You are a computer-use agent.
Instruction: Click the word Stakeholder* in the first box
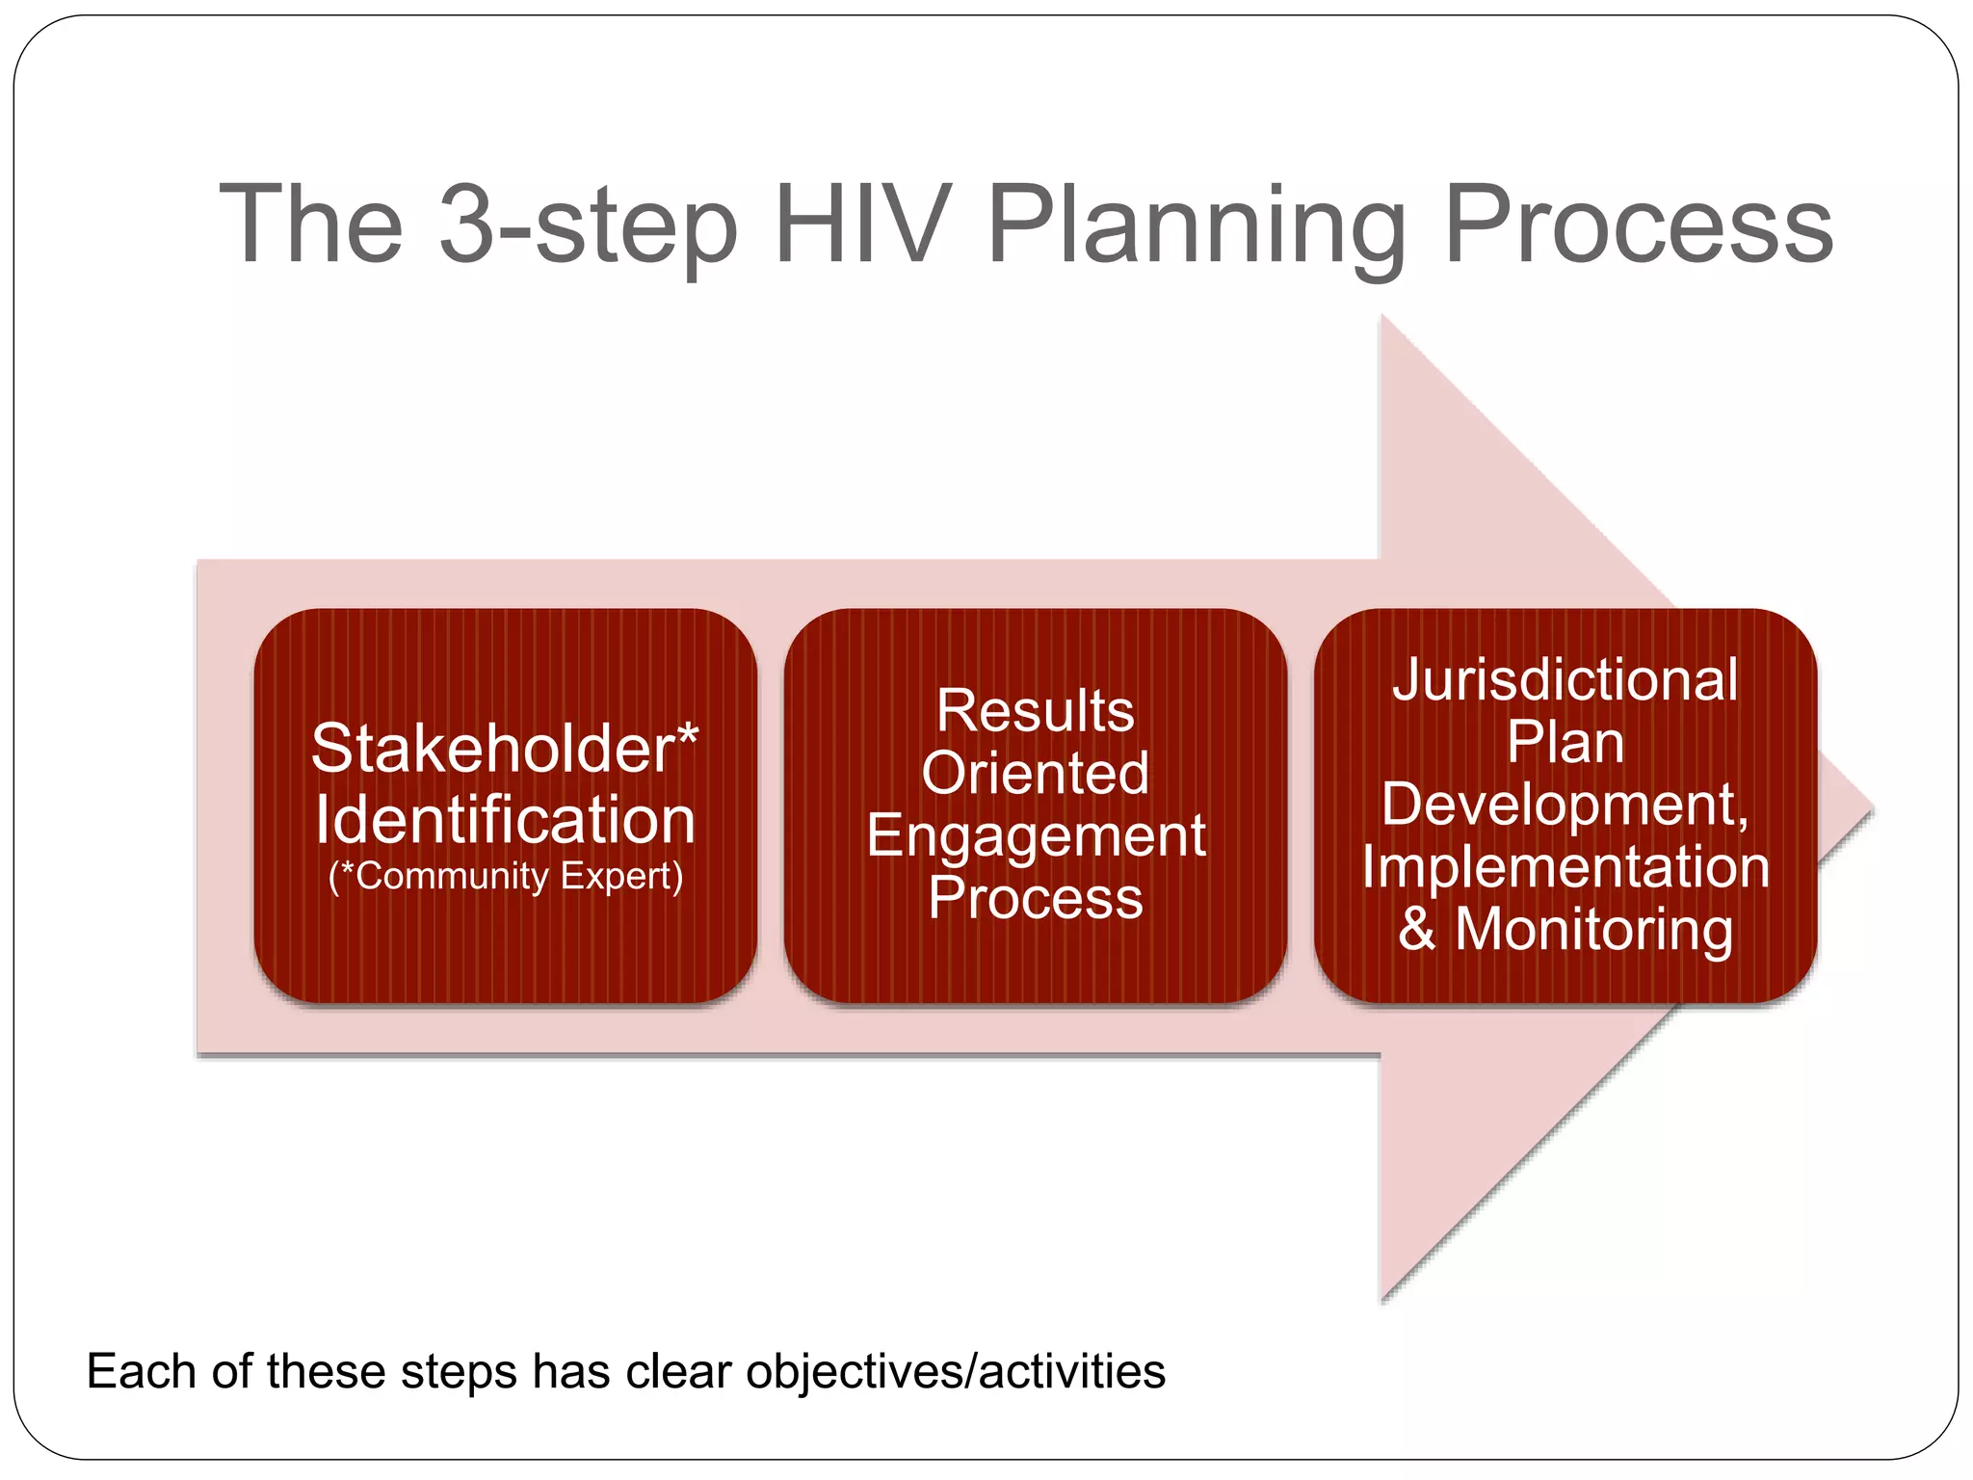pyautogui.click(x=505, y=749)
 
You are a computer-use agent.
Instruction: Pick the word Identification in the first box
pyautogui.click(x=505, y=820)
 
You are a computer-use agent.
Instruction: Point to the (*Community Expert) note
pyautogui.click(x=505, y=877)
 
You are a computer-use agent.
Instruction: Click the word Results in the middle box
pyautogui.click(x=1036, y=711)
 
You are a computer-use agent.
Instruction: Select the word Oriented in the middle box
pyautogui.click(x=1036, y=773)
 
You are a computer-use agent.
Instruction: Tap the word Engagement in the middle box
pyautogui.click(x=1036, y=835)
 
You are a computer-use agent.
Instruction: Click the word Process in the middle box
pyautogui.click(x=1036, y=898)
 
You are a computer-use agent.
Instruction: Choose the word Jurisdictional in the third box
pyautogui.click(x=1565, y=680)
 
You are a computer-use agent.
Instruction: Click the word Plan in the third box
pyautogui.click(x=1565, y=742)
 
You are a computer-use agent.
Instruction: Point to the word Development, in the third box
pyautogui.click(x=1565, y=805)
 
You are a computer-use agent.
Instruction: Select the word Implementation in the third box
pyautogui.click(x=1565, y=867)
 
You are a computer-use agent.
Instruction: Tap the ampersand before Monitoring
pyautogui.click(x=1416, y=929)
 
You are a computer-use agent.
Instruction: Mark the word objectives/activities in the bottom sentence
pyautogui.click(x=956, y=1371)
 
